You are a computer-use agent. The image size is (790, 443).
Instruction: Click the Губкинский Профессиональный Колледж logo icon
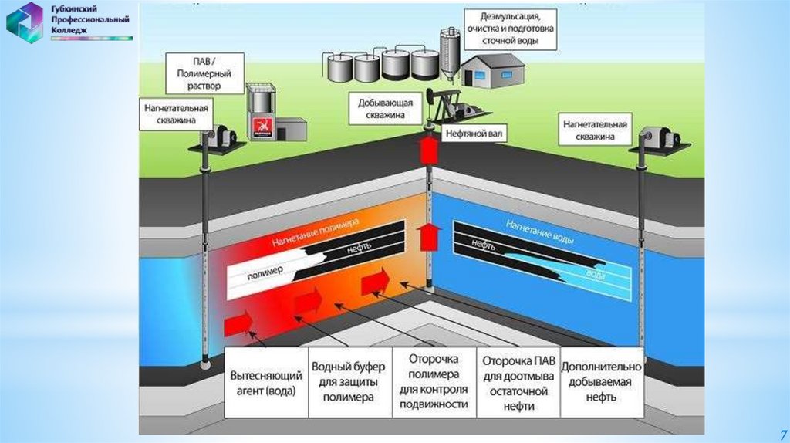tap(25, 22)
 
